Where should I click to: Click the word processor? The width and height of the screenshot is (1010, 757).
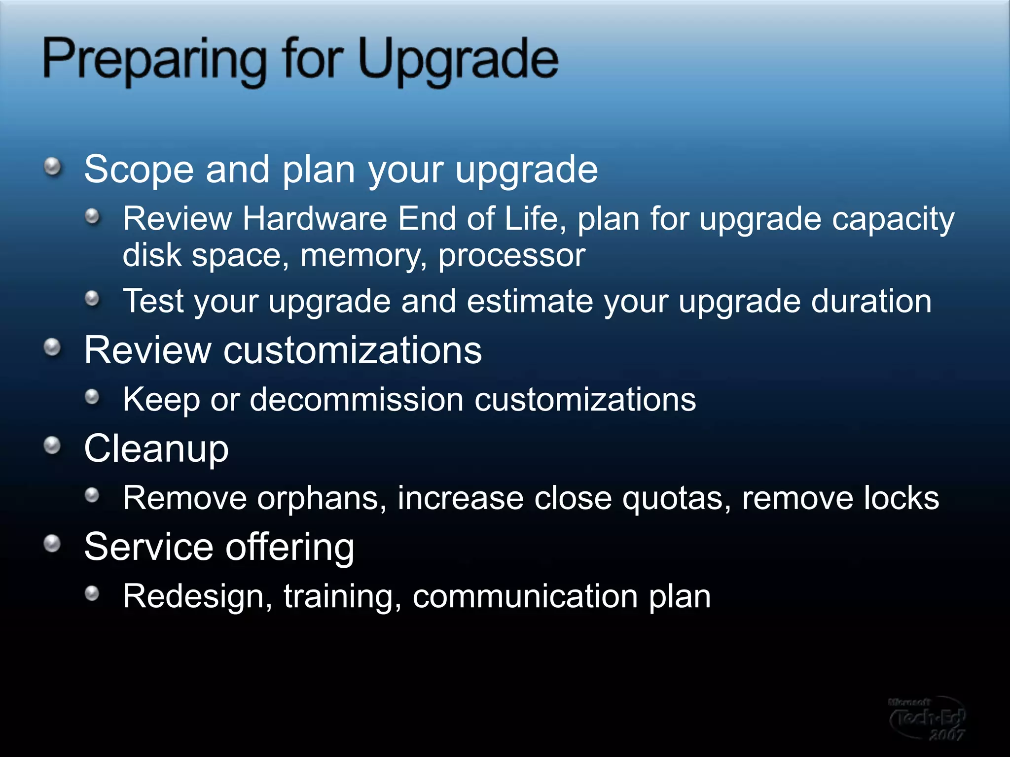[x=511, y=256]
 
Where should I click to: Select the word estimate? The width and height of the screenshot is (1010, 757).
[x=530, y=301]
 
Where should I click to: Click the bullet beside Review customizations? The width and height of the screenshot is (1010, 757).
[x=53, y=347]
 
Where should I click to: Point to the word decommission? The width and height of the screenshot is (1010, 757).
[x=356, y=399]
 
